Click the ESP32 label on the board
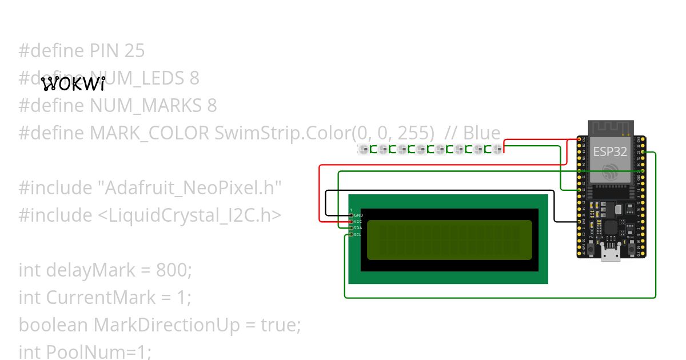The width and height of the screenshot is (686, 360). pyautogui.click(x=610, y=152)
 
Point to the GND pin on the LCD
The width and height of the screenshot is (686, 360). pyautogui.click(x=351, y=215)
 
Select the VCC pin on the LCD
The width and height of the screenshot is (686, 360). pyautogui.click(x=351, y=221)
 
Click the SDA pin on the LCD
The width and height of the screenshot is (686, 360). pyautogui.click(x=351, y=228)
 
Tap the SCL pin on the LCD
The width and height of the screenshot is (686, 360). pyautogui.click(x=351, y=234)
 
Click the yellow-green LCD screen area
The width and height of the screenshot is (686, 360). pyautogui.click(x=449, y=239)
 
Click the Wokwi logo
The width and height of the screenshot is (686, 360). pyautogui.click(x=74, y=85)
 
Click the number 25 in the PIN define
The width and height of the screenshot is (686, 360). pyautogui.click(x=134, y=51)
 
